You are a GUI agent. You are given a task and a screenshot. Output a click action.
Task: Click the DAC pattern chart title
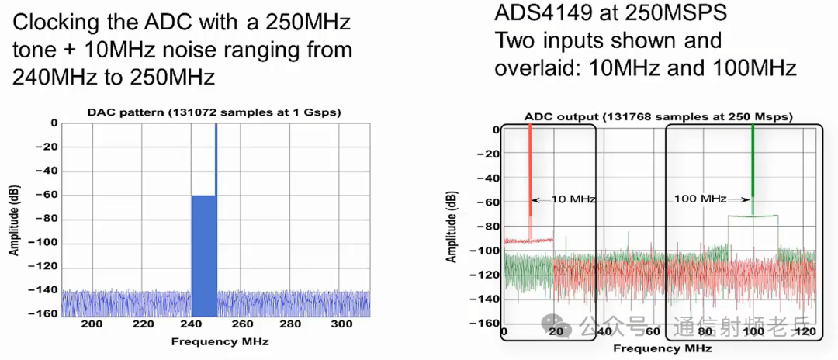coord(214,112)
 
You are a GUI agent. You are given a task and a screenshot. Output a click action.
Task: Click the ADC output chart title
coord(658,116)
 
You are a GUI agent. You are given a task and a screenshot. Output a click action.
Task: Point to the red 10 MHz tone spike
coord(530,171)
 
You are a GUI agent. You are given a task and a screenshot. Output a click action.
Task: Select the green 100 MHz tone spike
coord(752,163)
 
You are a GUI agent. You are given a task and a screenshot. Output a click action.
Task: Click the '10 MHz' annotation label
coord(573,199)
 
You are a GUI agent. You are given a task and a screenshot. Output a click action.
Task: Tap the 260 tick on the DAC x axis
coord(241,324)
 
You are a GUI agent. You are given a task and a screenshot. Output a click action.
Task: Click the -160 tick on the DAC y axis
coord(46,313)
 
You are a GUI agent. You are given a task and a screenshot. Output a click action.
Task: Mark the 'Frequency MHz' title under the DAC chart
coord(214,341)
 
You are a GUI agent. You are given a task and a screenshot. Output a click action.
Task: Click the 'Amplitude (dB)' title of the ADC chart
coord(451,224)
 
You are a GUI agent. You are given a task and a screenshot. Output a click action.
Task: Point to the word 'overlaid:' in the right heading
coord(538,67)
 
